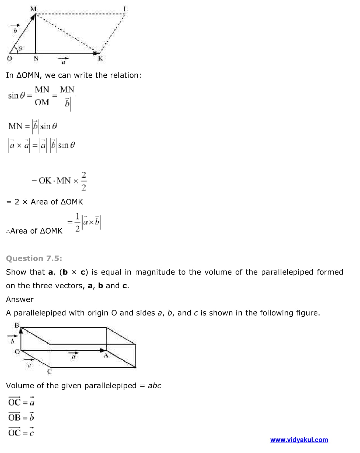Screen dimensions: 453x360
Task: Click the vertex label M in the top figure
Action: coord(33,9)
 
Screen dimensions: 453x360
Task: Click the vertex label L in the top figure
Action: coord(125,9)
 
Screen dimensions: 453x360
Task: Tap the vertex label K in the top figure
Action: coord(100,59)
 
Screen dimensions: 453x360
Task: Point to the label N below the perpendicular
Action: coord(36,58)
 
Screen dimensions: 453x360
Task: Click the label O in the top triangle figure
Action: coord(9,58)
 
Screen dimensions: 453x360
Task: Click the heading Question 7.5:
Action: coord(34,258)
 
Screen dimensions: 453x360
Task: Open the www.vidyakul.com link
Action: coord(299,440)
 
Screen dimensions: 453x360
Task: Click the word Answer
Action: coord(20,299)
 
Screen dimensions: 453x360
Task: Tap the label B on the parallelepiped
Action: coord(17,325)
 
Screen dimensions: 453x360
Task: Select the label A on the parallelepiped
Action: coord(106,355)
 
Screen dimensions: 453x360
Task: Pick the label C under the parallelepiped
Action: coord(50,372)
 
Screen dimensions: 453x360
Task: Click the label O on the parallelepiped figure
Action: coord(17,352)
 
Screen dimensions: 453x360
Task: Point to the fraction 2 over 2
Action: coord(84,181)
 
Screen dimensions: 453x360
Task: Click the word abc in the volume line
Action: coord(155,386)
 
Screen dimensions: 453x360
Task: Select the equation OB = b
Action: coord(21,417)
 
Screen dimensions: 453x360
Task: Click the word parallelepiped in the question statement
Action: coord(287,272)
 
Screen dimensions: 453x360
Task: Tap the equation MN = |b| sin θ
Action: coord(33,126)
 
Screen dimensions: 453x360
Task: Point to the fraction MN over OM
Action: coord(42,96)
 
